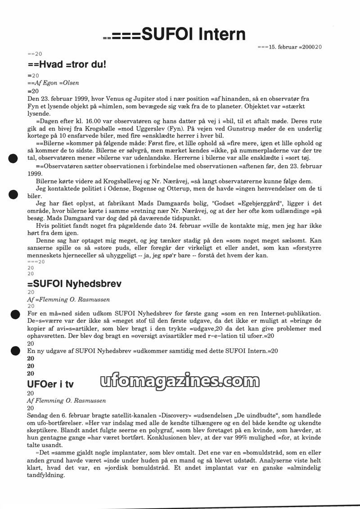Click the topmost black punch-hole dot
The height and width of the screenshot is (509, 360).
(13, 158)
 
